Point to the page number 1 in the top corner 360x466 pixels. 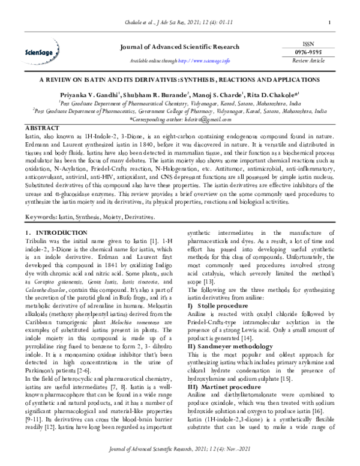point(331,23)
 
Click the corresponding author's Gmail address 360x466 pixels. point(203,120)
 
